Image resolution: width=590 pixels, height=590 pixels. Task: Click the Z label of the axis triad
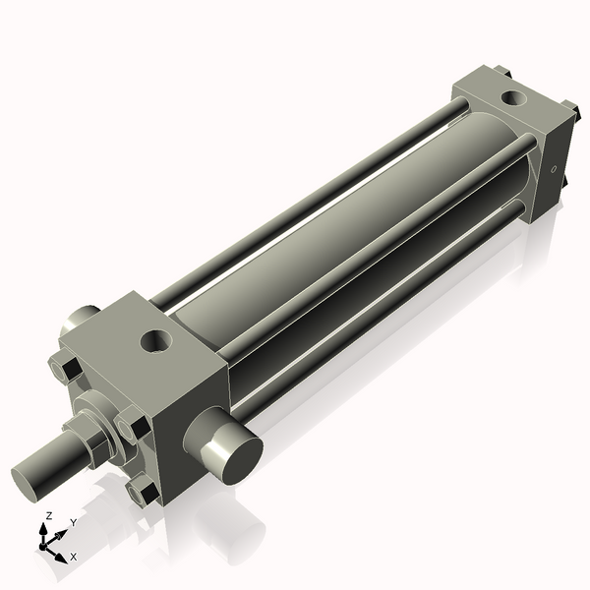point(49,515)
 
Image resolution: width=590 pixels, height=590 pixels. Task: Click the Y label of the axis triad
point(73,524)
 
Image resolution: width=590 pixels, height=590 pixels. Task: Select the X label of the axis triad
point(73,557)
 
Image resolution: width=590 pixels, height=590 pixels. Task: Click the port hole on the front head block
point(155,341)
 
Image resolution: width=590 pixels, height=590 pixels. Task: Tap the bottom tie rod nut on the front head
point(144,489)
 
